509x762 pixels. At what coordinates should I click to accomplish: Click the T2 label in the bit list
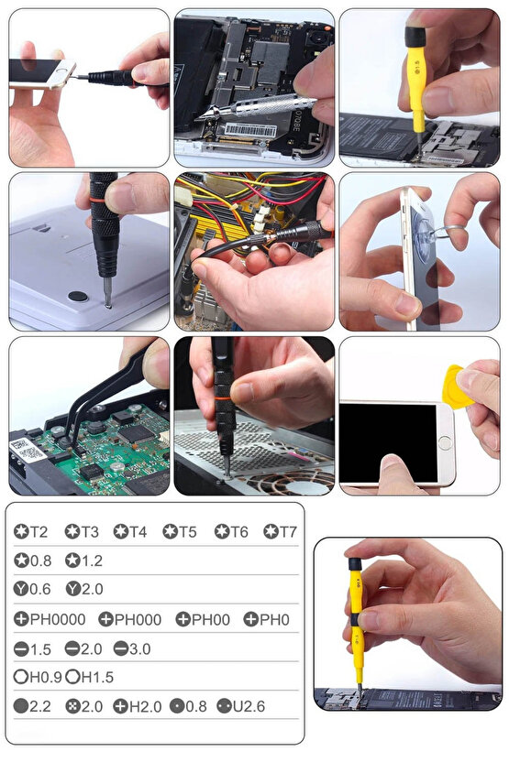pyautogui.click(x=30, y=531)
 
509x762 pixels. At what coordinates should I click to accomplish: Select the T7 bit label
pyautogui.click(x=280, y=531)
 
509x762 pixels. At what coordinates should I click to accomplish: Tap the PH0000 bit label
pyautogui.click(x=50, y=619)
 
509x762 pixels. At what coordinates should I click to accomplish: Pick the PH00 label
pyautogui.click(x=203, y=619)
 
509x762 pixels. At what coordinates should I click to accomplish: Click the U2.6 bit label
pyautogui.click(x=241, y=706)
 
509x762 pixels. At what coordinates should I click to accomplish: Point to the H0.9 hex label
pyautogui.click(x=38, y=677)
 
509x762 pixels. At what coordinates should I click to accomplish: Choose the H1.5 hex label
pyautogui.click(x=90, y=677)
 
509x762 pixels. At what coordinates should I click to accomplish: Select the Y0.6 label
pyautogui.click(x=32, y=589)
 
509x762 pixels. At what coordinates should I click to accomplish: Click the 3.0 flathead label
pyautogui.click(x=132, y=648)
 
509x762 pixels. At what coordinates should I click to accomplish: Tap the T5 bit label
pyautogui.click(x=180, y=531)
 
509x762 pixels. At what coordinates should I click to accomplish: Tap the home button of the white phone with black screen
pyautogui.click(x=444, y=442)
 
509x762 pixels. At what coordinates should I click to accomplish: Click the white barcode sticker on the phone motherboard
pyautogui.click(x=250, y=130)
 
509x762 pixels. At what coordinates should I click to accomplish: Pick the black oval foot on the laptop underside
pyautogui.click(x=78, y=296)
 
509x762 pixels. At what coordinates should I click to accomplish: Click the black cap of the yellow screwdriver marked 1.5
pyautogui.click(x=415, y=37)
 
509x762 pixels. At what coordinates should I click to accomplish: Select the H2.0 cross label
pyautogui.click(x=138, y=706)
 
